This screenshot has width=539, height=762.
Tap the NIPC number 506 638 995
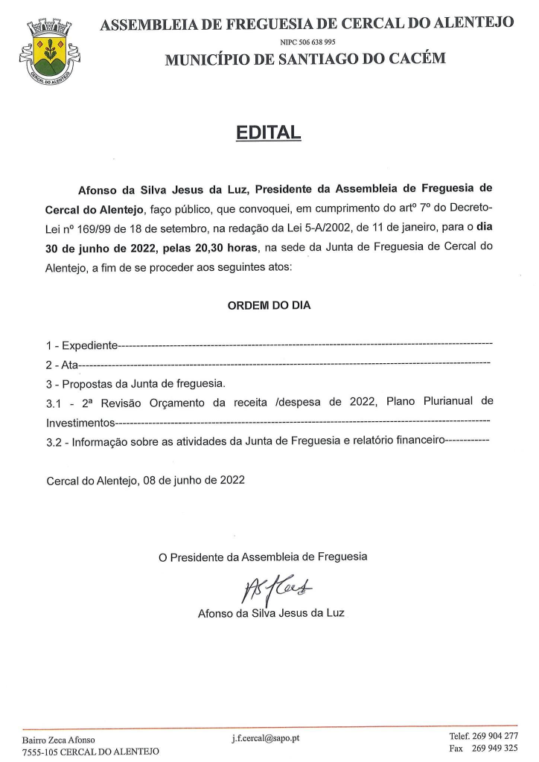[307, 42]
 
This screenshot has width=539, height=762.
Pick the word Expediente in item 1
[89, 346]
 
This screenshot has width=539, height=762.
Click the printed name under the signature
[271, 614]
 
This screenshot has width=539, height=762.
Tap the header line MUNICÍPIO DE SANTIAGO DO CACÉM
[305, 60]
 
